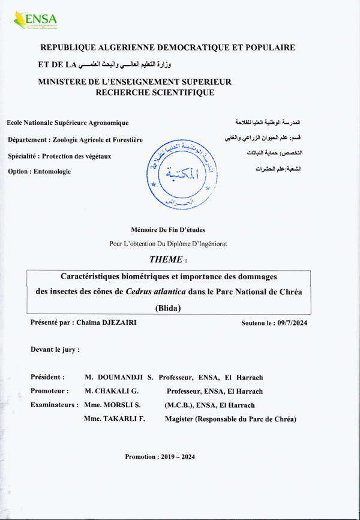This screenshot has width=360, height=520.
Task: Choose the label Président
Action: [x=47, y=377]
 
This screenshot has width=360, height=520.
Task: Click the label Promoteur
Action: [x=49, y=391]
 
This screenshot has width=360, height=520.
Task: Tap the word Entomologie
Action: [x=51, y=172]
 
